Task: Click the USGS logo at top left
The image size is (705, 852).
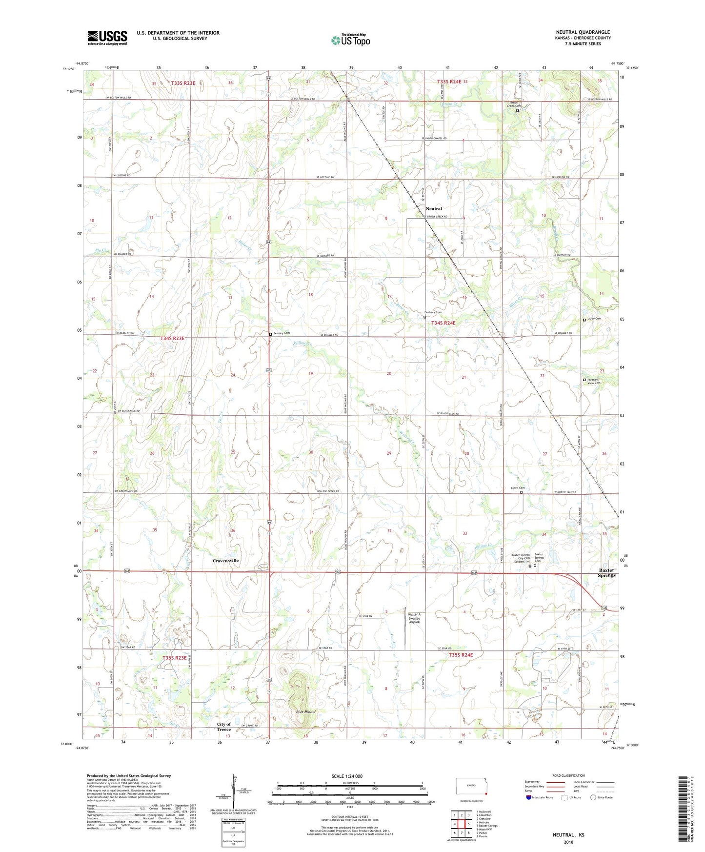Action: tap(107, 38)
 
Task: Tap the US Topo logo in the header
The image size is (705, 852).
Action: tap(350, 40)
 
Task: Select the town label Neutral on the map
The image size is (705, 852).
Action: tap(433, 208)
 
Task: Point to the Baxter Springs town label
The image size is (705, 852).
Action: tap(607, 572)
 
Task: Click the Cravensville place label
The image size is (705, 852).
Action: tap(225, 561)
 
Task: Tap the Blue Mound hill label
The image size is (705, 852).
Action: tap(306, 711)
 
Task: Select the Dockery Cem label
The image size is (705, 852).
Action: tap(433, 312)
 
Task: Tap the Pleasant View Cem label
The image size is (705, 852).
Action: tap(594, 381)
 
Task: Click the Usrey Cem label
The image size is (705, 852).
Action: tap(595, 319)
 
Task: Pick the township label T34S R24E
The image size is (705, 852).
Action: tap(443, 323)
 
